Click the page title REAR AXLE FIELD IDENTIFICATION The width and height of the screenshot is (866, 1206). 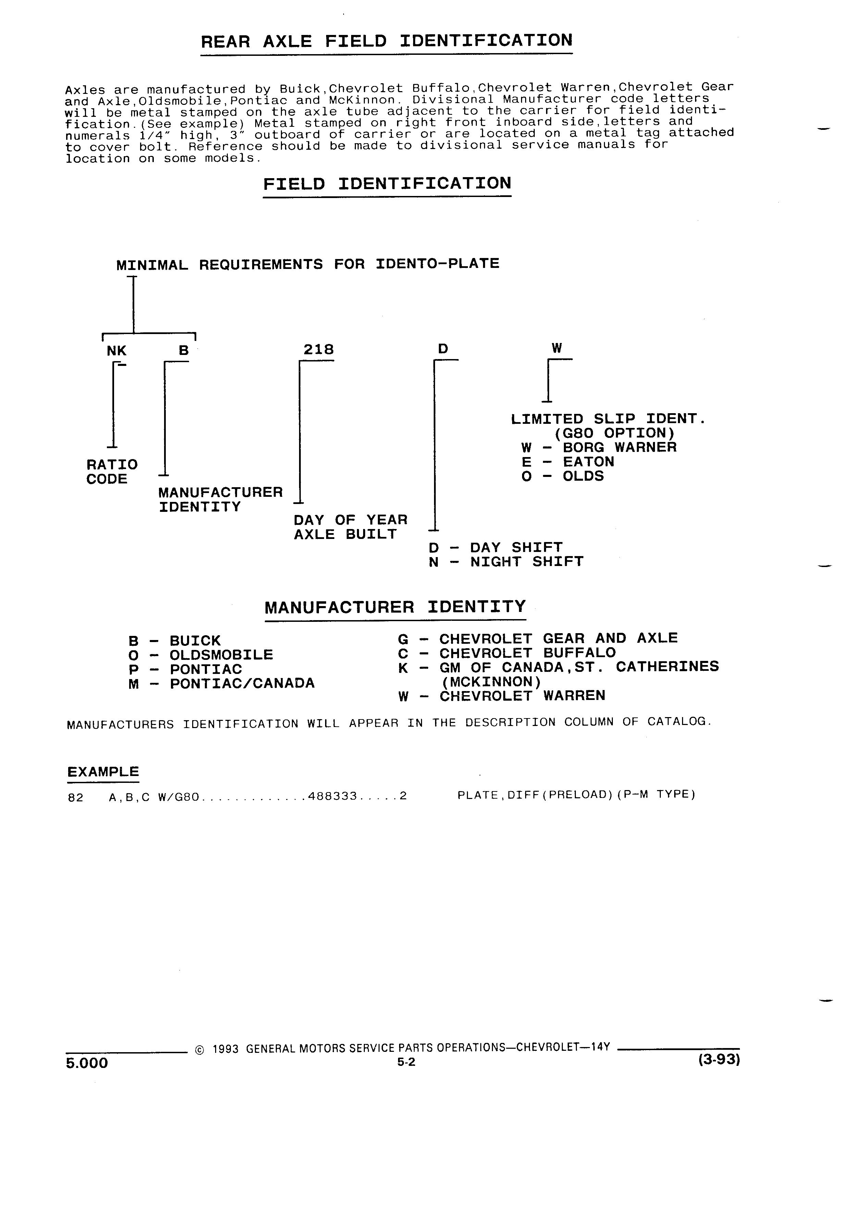click(x=386, y=41)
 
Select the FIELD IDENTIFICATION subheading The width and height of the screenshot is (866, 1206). click(x=387, y=184)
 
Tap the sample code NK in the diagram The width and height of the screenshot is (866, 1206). click(x=117, y=350)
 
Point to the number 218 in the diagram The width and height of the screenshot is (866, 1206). click(x=319, y=349)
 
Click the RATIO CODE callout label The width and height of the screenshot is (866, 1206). click(x=112, y=472)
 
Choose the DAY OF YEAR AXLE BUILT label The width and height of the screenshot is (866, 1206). click(x=350, y=527)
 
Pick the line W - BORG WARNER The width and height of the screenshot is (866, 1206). click(x=599, y=447)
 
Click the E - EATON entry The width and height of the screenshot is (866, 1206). click(x=568, y=462)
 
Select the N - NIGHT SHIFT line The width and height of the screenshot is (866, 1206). click(x=506, y=562)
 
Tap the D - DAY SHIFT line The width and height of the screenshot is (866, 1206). click(x=495, y=547)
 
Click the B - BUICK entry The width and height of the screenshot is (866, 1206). click(x=174, y=641)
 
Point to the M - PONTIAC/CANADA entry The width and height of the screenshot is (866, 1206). click(x=221, y=683)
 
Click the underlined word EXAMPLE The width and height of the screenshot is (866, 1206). click(x=103, y=772)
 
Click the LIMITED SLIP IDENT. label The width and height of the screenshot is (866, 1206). click(x=608, y=419)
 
